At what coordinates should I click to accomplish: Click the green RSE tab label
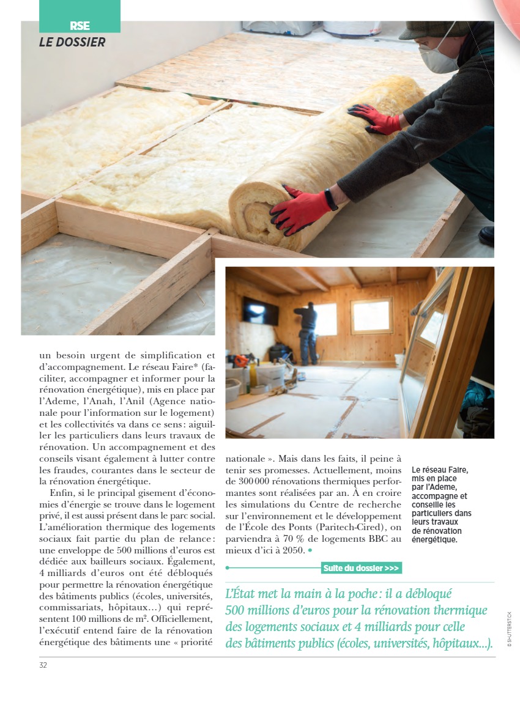[x=80, y=26]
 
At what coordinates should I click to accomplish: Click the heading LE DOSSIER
[x=72, y=42]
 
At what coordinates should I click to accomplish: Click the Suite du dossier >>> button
[x=361, y=568]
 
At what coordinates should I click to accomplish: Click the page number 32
[x=43, y=665]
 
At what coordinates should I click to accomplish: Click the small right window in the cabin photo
[x=371, y=316]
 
